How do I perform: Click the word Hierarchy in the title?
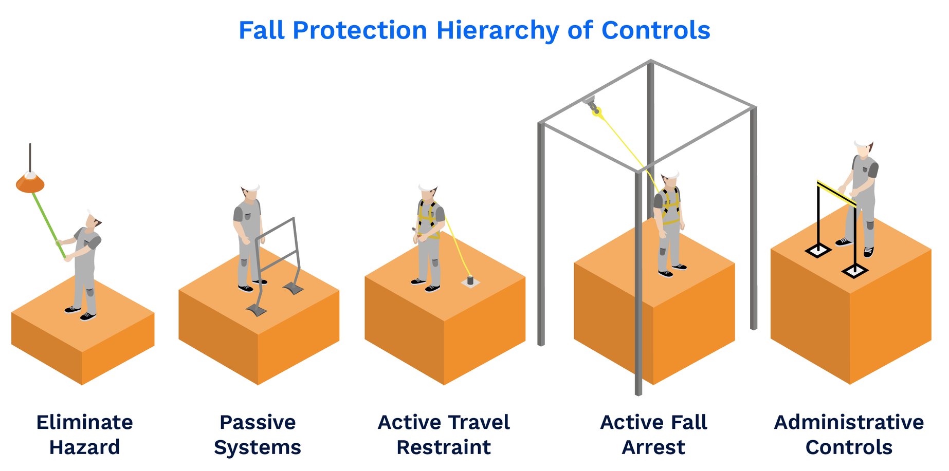point(497,31)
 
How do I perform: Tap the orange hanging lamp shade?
point(30,182)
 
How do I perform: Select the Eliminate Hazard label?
point(85,435)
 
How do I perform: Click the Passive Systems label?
point(258,435)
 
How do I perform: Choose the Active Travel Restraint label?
point(444,435)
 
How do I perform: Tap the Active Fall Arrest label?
point(653,435)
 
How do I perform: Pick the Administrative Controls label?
point(849,435)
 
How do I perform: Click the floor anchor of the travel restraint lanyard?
point(470,281)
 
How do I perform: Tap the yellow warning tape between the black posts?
point(837,194)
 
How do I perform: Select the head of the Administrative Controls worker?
point(864,147)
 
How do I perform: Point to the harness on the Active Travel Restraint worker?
point(429,218)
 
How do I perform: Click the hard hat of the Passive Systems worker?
point(250,187)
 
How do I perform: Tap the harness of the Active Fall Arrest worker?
point(670,205)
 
